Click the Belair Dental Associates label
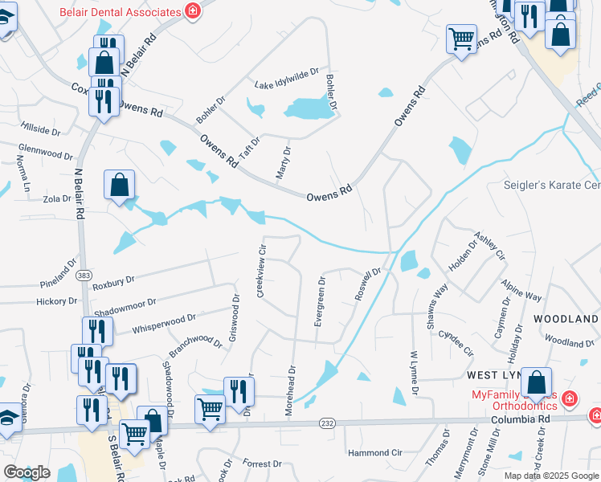121,12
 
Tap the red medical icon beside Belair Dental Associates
192,11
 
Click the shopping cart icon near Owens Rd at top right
461,38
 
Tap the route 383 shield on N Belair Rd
84,276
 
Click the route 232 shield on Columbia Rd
327,423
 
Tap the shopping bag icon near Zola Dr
119,185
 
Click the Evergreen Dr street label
320,301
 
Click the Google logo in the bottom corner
27,472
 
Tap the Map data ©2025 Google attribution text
551,476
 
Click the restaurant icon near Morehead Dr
239,391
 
